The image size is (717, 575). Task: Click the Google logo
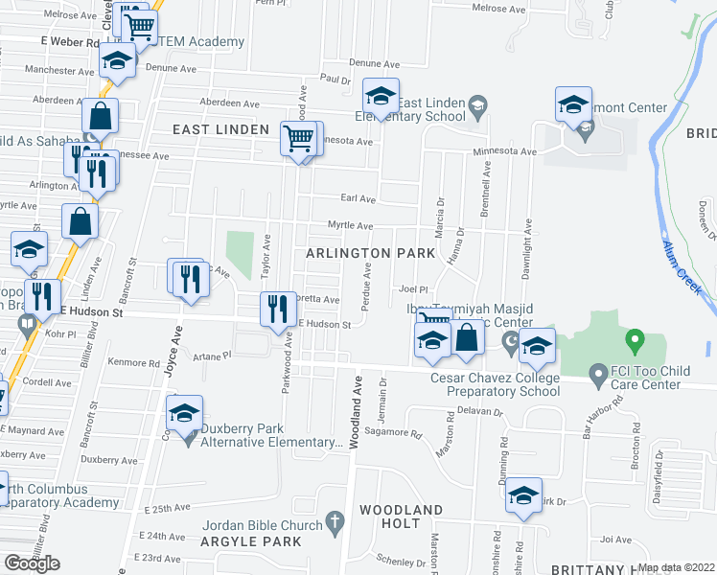click(x=32, y=563)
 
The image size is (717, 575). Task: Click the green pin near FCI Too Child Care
click(x=633, y=340)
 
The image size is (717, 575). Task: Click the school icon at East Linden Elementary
click(x=381, y=97)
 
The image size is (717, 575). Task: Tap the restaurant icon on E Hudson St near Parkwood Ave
click(x=275, y=308)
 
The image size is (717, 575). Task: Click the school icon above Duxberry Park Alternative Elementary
click(x=184, y=413)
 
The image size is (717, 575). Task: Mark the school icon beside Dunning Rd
click(x=524, y=495)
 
